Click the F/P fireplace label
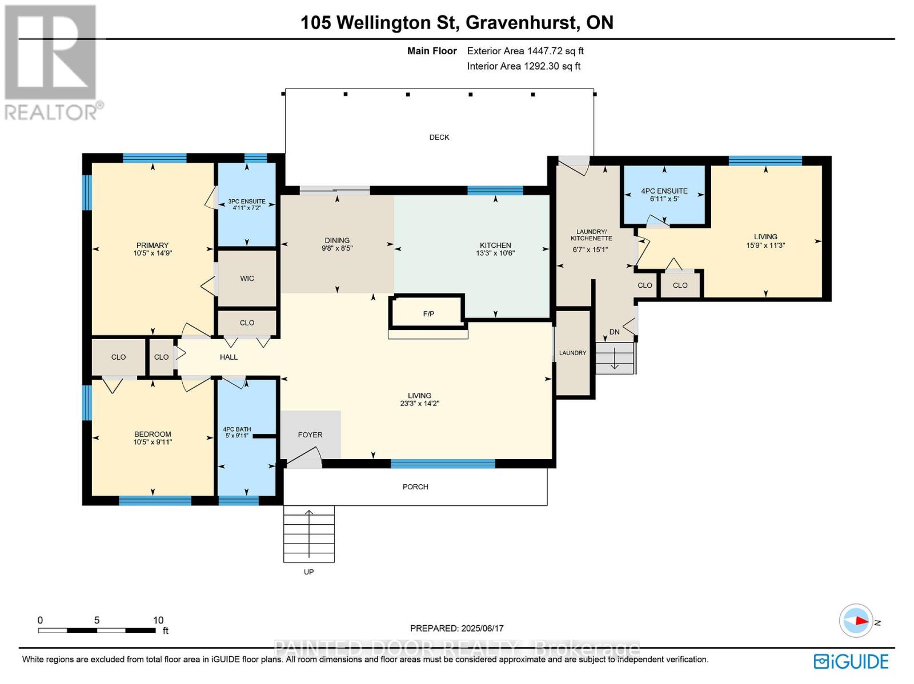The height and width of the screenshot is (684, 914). point(428,313)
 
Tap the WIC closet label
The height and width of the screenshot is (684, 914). point(247,279)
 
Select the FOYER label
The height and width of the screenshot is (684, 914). point(310,434)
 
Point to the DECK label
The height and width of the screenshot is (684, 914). point(439,137)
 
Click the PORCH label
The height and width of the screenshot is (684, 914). point(415,486)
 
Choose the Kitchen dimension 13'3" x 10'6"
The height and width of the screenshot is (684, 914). point(495,253)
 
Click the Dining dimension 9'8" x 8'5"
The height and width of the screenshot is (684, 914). point(337,248)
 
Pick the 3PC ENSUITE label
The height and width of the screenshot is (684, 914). point(247,202)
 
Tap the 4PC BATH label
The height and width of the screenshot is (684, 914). point(237,429)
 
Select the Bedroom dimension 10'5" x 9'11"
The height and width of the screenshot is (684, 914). point(153,442)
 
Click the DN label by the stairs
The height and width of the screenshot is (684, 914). point(615,332)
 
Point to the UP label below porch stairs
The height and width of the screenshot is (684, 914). point(308,572)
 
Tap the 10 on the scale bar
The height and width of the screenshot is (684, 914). point(158,620)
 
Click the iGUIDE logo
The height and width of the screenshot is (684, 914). point(851,662)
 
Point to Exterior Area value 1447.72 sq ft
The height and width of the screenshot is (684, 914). point(555,51)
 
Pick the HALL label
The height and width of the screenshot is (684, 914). point(228,357)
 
